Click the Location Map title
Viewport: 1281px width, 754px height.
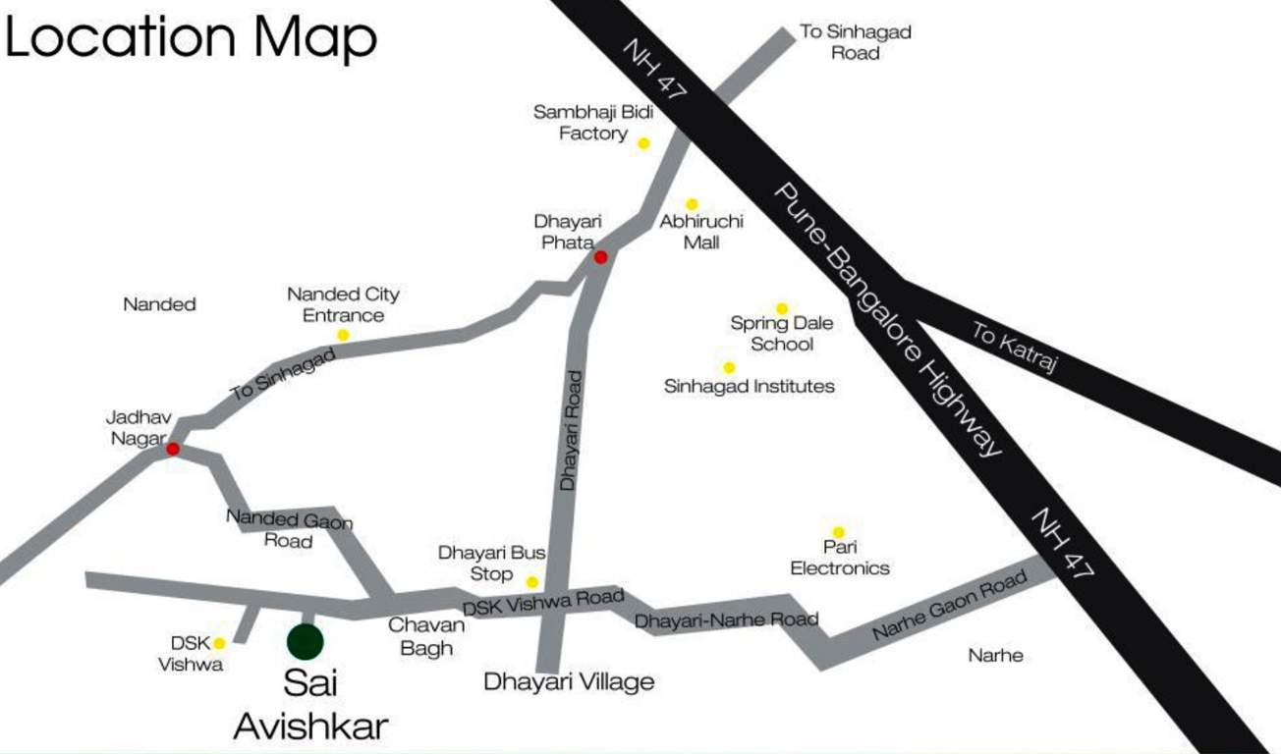click(x=191, y=39)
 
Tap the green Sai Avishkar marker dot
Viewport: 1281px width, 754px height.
click(x=306, y=641)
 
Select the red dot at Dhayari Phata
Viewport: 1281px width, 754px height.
click(x=600, y=257)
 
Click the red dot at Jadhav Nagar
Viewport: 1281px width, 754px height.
click(x=173, y=449)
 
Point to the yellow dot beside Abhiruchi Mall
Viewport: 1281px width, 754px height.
click(x=692, y=204)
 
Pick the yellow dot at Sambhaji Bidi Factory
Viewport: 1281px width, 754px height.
click(x=643, y=143)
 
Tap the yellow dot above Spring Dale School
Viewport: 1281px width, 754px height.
click(x=782, y=308)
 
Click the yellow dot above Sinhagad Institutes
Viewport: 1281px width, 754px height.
click(x=729, y=367)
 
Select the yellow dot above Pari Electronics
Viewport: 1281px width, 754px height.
click(x=839, y=532)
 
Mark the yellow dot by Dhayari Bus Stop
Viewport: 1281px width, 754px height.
click(x=532, y=582)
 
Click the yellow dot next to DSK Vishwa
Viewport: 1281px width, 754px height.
click(x=220, y=643)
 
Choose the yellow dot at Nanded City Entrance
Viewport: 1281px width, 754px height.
click(x=343, y=335)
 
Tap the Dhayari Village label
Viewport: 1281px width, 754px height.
click(x=569, y=681)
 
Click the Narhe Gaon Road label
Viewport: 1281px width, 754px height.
click(x=950, y=607)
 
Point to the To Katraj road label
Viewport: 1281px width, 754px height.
click(x=1015, y=350)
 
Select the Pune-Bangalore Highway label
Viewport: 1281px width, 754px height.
click(x=888, y=319)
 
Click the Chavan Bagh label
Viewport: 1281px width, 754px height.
click(x=420, y=636)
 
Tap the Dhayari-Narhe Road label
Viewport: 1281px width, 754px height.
click(x=726, y=620)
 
